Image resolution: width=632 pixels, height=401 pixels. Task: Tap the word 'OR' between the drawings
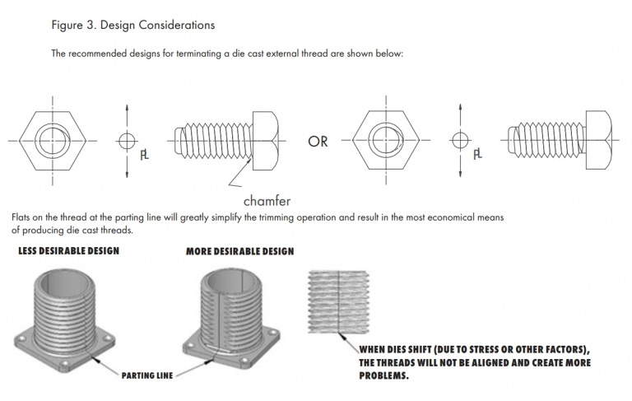pyautogui.click(x=318, y=142)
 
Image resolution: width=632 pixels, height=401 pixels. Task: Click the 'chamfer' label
pyautogui.click(x=267, y=200)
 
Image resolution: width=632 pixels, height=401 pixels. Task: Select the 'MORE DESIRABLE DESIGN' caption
pyautogui.click(x=239, y=250)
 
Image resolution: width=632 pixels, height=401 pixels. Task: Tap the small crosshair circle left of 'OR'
pyautogui.click(x=125, y=141)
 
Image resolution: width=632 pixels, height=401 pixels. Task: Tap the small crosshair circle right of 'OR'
pyautogui.click(x=458, y=141)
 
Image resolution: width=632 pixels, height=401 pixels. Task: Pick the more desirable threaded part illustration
pyautogui.click(x=231, y=317)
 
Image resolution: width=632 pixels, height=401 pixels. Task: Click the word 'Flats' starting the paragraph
pyautogui.click(x=25, y=217)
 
